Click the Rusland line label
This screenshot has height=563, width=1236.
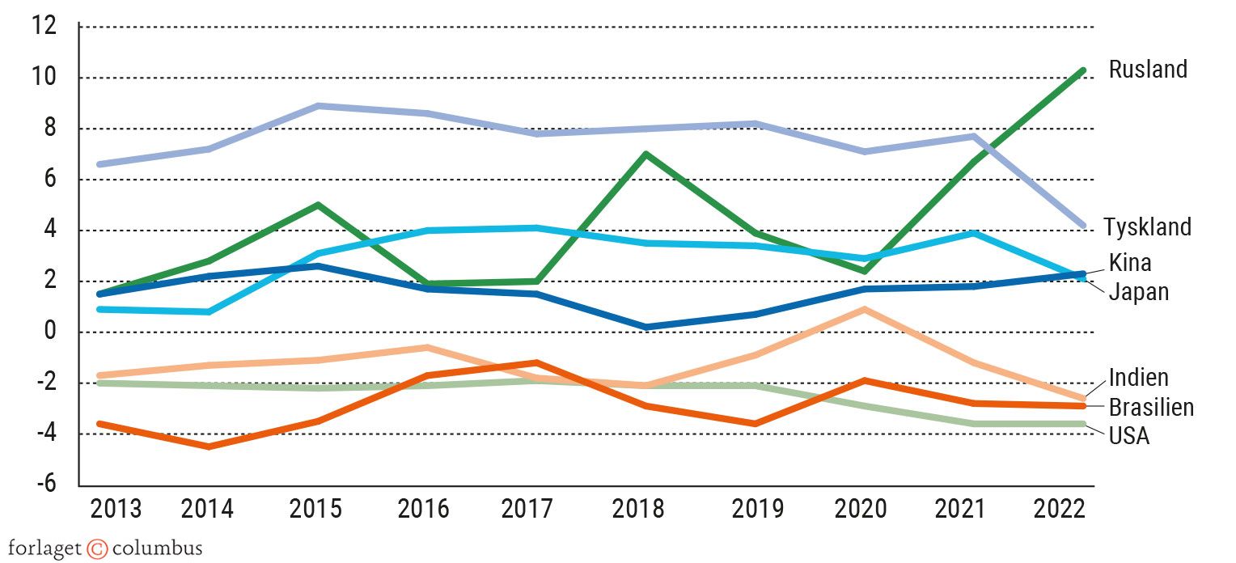click(1147, 70)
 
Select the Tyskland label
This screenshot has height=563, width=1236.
click(1147, 227)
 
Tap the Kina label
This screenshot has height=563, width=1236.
click(1129, 263)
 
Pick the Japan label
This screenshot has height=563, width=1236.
click(1138, 291)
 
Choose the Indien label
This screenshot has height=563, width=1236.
click(1138, 377)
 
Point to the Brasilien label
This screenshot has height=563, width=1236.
click(1151, 407)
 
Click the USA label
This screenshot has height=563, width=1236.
click(1128, 436)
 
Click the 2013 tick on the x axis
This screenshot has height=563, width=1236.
click(116, 510)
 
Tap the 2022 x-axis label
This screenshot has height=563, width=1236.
click(1060, 510)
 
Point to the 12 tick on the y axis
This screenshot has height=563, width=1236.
click(44, 27)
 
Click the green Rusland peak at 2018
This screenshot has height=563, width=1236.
click(645, 154)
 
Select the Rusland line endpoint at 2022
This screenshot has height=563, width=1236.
click(1082, 71)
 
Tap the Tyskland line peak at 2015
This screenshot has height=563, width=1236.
click(320, 106)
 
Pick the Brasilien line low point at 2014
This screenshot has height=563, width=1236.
click(209, 447)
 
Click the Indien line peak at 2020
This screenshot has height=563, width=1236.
click(865, 309)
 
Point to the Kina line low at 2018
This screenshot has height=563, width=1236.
click(646, 327)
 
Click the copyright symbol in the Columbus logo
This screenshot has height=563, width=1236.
click(96, 548)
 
